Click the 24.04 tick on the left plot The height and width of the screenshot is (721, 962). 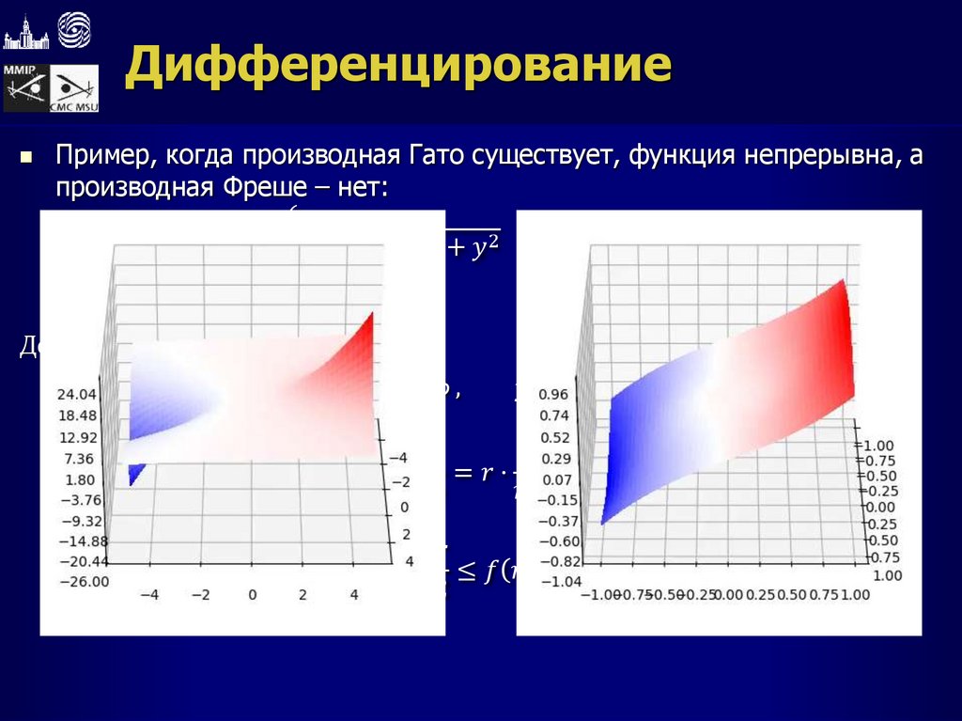(x=78, y=394)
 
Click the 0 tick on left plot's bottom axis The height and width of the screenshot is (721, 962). (x=252, y=595)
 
